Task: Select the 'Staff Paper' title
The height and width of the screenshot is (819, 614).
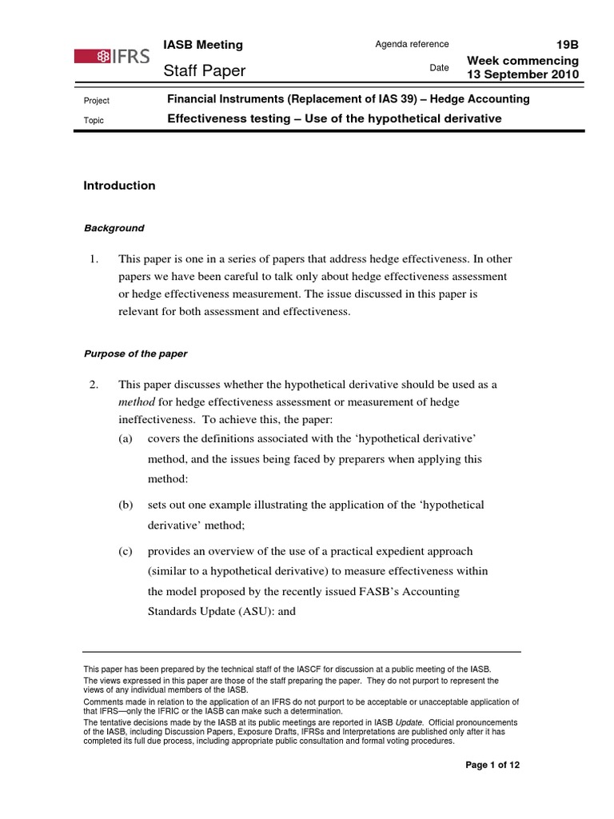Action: [205, 72]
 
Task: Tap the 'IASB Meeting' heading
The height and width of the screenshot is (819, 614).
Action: [203, 45]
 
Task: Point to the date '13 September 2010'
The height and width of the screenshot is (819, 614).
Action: [524, 74]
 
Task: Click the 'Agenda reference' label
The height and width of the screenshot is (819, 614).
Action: [412, 44]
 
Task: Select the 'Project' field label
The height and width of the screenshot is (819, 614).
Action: [97, 101]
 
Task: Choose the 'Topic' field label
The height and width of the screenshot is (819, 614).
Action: [94, 121]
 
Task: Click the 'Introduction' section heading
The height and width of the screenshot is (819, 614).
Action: [120, 186]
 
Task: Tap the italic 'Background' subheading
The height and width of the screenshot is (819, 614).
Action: [114, 228]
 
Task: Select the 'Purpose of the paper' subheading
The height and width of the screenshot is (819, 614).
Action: [136, 354]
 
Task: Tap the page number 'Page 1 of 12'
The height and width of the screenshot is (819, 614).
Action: [493, 765]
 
